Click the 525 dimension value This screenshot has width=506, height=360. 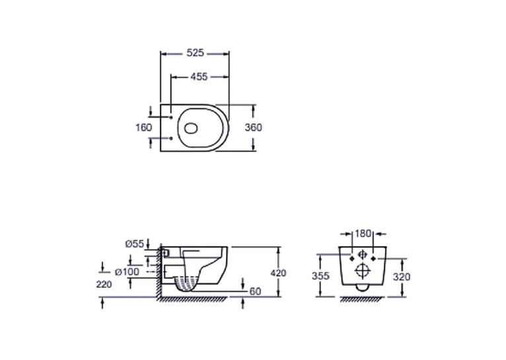[x=196, y=53]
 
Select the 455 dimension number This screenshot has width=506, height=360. [x=199, y=77]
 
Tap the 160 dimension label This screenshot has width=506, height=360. [x=143, y=127]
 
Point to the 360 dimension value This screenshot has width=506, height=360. [x=253, y=127]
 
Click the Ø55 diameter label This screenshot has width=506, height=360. [x=135, y=244]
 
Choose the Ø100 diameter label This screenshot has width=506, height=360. [x=127, y=272]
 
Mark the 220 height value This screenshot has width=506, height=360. [x=104, y=284]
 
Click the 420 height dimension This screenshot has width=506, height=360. [x=278, y=273]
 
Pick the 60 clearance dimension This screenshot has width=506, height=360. [x=255, y=291]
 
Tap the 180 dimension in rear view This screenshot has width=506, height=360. [x=363, y=233]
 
